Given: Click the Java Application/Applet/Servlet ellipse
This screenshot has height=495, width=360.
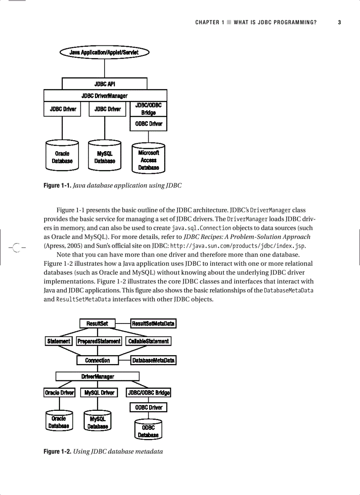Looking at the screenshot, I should (x=104, y=52).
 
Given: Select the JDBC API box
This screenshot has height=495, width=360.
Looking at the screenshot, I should (x=105, y=84).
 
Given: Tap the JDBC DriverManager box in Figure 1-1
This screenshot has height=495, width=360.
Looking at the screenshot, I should (x=105, y=96).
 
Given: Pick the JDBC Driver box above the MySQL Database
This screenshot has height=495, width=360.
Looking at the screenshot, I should (x=105, y=109).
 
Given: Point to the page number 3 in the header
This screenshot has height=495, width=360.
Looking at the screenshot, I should (x=339, y=22).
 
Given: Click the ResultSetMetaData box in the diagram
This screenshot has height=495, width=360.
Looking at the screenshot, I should (x=153, y=324).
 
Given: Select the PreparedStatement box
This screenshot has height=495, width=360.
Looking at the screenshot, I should (x=99, y=341).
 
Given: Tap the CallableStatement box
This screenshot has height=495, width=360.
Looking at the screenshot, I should (x=148, y=341).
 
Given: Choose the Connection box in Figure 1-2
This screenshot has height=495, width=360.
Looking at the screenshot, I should (x=97, y=360).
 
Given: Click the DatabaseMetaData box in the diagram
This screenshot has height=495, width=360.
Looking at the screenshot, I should (x=153, y=360).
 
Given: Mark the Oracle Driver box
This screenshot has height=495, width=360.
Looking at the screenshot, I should (x=60, y=393).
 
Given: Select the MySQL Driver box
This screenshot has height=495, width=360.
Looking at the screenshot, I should (x=99, y=393).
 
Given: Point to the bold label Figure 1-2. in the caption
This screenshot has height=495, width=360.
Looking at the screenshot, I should (x=57, y=451).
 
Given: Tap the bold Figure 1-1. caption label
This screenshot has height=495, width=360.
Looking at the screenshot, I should (x=57, y=186).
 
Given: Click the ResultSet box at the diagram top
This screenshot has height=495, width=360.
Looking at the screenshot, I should (x=97, y=324).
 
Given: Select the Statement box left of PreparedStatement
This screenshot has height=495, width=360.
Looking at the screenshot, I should (x=59, y=341).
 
